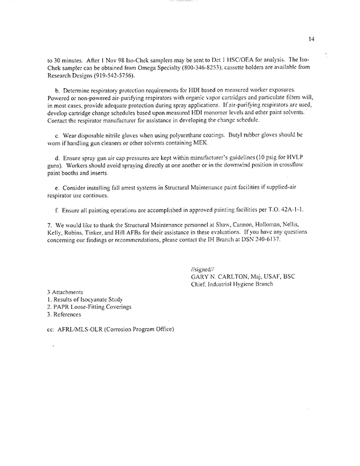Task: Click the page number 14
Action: (311, 39)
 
